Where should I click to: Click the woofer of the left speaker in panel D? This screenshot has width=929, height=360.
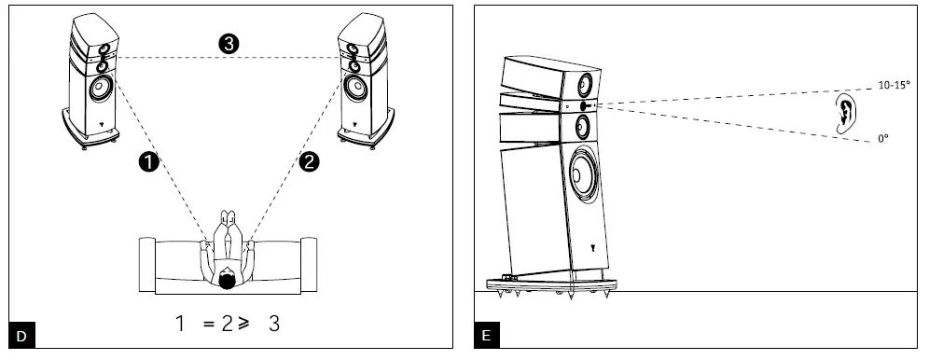[x=102, y=90]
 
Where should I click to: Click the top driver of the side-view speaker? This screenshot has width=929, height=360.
[x=584, y=83]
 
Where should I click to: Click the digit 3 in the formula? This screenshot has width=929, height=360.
[x=274, y=325]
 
